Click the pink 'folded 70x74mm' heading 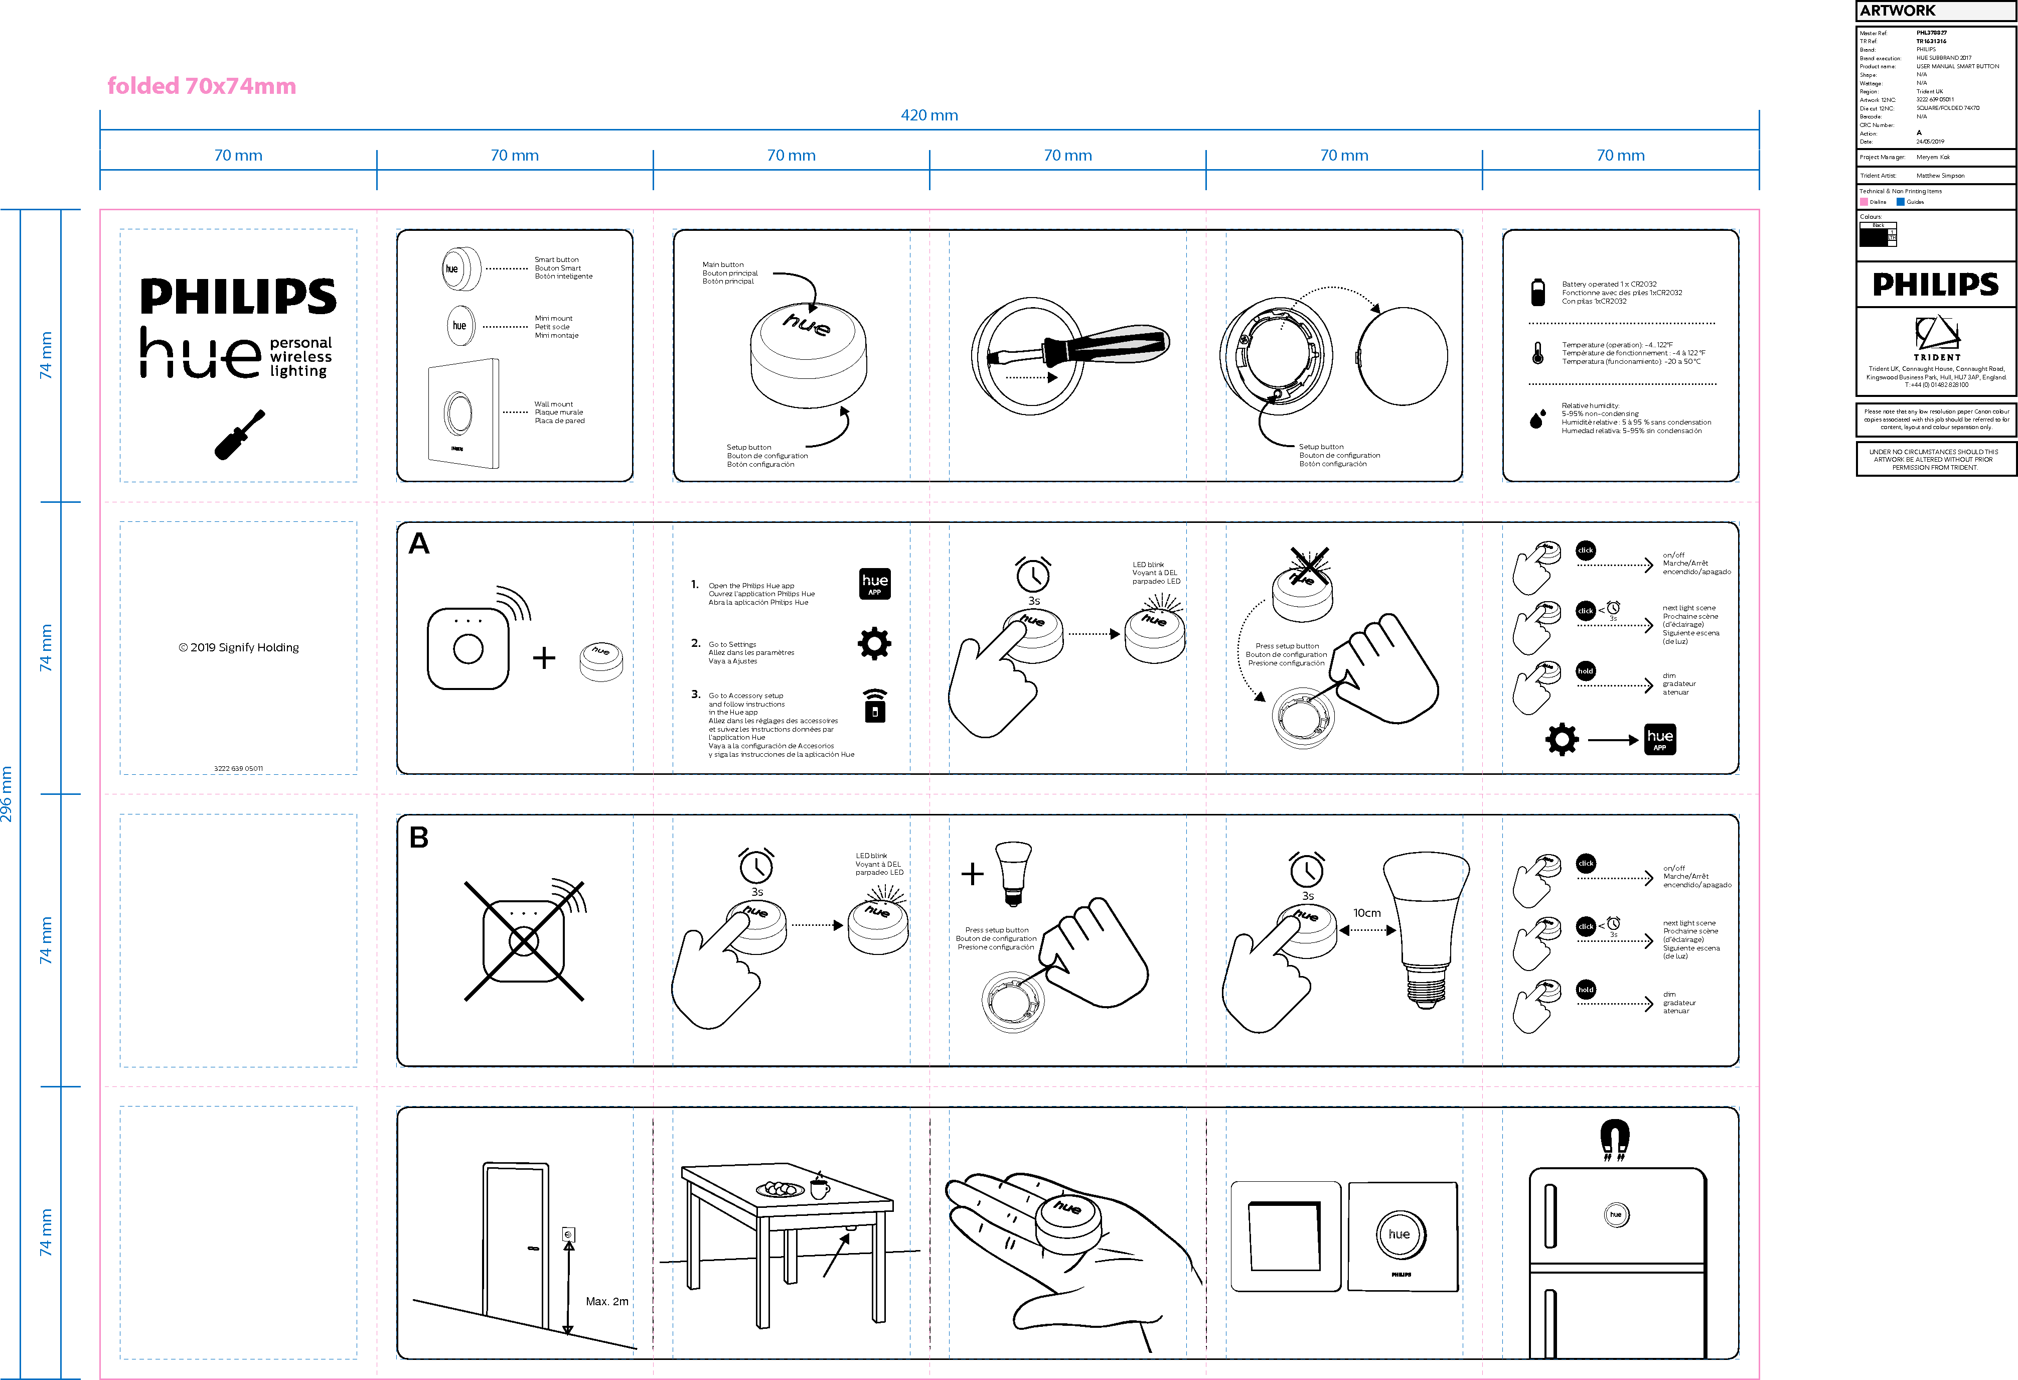pyautogui.click(x=202, y=86)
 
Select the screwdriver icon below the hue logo pyautogui.click(x=239, y=434)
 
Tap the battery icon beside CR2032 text pyautogui.click(x=1538, y=293)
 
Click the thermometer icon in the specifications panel pyautogui.click(x=1538, y=353)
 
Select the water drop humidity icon pyautogui.click(x=1537, y=420)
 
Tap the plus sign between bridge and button pyautogui.click(x=544, y=657)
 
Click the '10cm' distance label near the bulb pyautogui.click(x=1367, y=913)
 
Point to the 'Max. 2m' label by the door pyautogui.click(x=607, y=1301)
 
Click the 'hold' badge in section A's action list pyautogui.click(x=1586, y=671)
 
